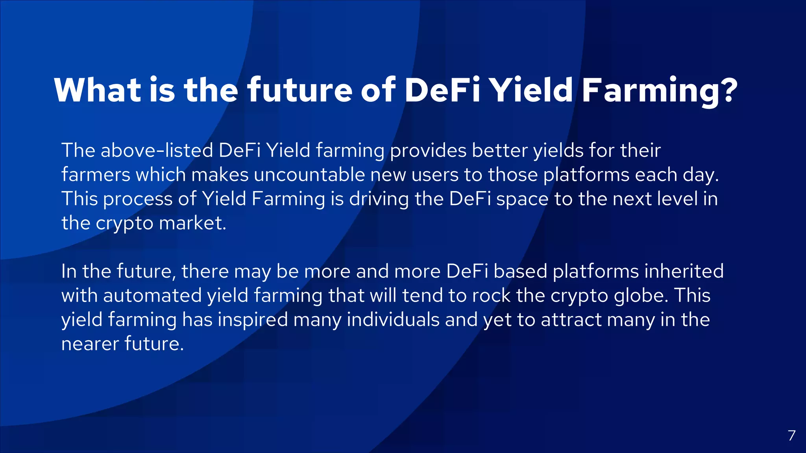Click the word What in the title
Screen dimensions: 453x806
coord(98,90)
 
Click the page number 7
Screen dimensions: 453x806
coord(792,435)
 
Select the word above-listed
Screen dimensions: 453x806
coord(157,150)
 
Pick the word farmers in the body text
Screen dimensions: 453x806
coord(96,175)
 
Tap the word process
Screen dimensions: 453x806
coord(138,199)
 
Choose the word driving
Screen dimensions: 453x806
coord(379,199)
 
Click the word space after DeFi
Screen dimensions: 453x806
coord(522,199)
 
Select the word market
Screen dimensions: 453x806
coord(192,223)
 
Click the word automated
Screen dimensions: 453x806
coord(152,296)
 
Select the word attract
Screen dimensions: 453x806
coord(571,320)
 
